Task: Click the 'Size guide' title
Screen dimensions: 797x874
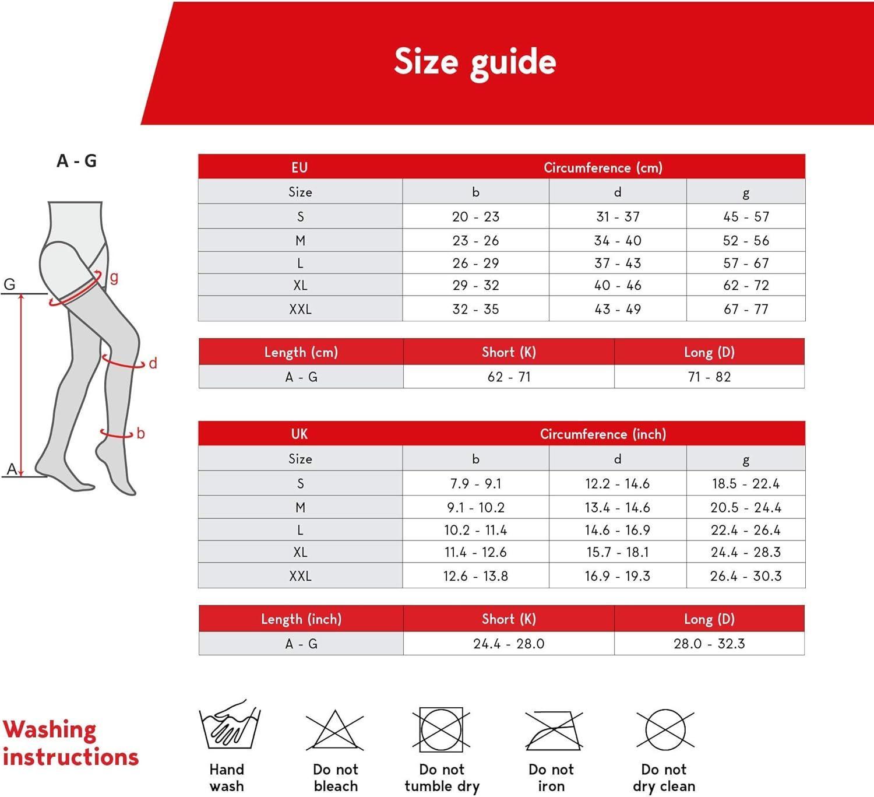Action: point(475,62)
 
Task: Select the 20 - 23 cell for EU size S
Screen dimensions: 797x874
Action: point(475,217)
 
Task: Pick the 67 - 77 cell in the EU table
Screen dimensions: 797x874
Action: point(746,309)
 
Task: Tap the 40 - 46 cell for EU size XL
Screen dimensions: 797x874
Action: point(618,286)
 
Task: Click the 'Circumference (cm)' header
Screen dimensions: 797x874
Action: point(603,168)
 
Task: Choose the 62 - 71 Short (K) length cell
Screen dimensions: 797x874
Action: point(509,377)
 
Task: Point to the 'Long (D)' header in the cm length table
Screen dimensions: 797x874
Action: point(709,352)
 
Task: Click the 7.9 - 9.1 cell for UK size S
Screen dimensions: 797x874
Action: point(475,484)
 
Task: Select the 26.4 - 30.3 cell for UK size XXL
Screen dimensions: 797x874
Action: point(746,576)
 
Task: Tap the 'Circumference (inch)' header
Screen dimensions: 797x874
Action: point(603,434)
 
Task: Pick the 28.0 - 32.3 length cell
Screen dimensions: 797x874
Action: point(709,644)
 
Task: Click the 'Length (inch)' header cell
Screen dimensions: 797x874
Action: point(301,619)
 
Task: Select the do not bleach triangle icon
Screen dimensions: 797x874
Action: point(335,730)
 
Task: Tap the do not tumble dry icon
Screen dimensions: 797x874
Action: point(442,730)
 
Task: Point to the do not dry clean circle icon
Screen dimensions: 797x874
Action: point(664,729)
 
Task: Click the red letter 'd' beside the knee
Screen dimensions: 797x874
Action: point(153,363)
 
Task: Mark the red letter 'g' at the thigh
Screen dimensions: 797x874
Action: point(114,278)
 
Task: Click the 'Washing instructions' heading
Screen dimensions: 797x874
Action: point(70,743)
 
